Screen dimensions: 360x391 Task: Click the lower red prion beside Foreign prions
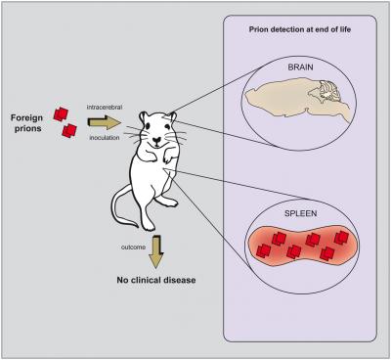pyautogui.click(x=68, y=130)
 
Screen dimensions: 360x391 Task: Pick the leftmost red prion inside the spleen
pyautogui.click(x=264, y=249)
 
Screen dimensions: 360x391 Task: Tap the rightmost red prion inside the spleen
pyautogui.click(x=343, y=238)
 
